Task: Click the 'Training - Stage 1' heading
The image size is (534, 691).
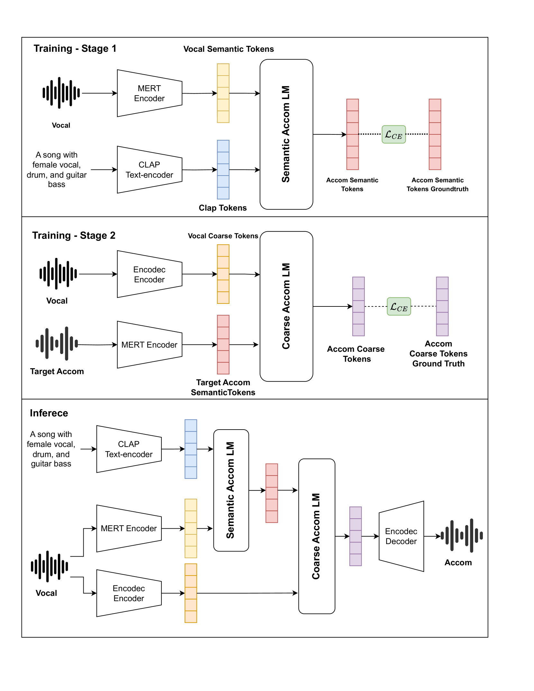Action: [75, 49]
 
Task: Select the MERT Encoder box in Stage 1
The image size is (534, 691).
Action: [149, 93]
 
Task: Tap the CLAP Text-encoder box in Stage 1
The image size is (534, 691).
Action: [149, 170]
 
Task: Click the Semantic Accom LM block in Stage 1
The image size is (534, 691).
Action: [286, 134]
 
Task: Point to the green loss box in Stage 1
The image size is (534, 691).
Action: [394, 134]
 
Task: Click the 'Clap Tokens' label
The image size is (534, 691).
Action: [222, 208]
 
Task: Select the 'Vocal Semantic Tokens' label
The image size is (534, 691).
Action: [228, 49]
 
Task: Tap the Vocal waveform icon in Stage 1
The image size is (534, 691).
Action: [61, 93]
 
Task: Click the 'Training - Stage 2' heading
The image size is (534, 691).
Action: [74, 235]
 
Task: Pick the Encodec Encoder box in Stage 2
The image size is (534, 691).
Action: [149, 274]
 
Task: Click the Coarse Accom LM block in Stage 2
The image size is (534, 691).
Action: [286, 306]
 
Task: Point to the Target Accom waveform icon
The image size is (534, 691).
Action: [57, 344]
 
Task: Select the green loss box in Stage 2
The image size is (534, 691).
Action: [399, 306]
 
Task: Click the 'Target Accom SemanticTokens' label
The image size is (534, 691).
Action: [223, 387]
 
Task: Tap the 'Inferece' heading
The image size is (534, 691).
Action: [49, 413]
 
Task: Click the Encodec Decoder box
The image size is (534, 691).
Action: [401, 536]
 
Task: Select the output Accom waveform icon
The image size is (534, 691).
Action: [462, 535]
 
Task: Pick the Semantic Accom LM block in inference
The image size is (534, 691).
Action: [231, 490]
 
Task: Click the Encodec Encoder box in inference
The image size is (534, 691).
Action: [129, 593]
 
